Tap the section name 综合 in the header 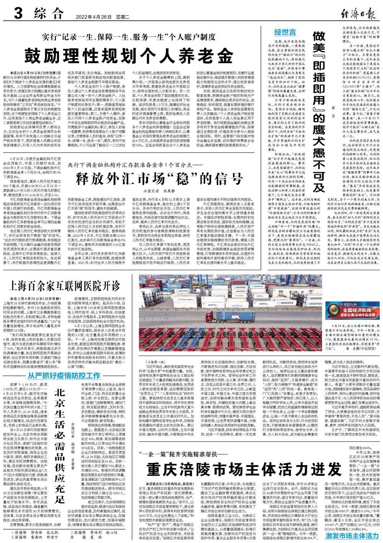click(x=47, y=15)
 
